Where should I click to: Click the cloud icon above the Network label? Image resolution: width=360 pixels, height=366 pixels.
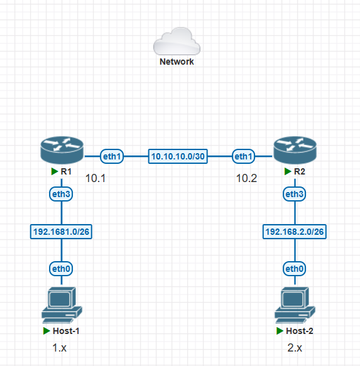coord(177,42)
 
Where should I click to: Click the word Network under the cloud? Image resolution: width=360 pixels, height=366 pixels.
coord(177,62)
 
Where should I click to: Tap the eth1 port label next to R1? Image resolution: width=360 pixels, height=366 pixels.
coord(112,156)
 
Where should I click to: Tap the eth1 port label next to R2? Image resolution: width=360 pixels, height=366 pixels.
coord(244,156)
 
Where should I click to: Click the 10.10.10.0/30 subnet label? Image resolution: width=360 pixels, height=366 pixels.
coord(178,156)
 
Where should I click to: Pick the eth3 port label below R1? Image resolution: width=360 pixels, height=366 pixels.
coord(61,195)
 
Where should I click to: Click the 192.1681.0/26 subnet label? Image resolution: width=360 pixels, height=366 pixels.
coord(62,232)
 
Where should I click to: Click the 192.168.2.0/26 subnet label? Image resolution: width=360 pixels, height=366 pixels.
coord(294,232)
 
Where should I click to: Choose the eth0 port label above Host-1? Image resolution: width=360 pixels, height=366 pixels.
coord(61,269)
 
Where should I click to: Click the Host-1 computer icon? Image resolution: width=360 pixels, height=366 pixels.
coord(62,304)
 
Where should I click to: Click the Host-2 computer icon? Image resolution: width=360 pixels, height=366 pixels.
coord(294,304)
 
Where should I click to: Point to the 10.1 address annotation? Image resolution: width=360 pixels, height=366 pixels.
coord(95,178)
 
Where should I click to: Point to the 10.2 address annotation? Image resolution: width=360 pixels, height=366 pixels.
coord(246,178)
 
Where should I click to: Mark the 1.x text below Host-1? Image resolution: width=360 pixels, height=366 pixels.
coord(59,347)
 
